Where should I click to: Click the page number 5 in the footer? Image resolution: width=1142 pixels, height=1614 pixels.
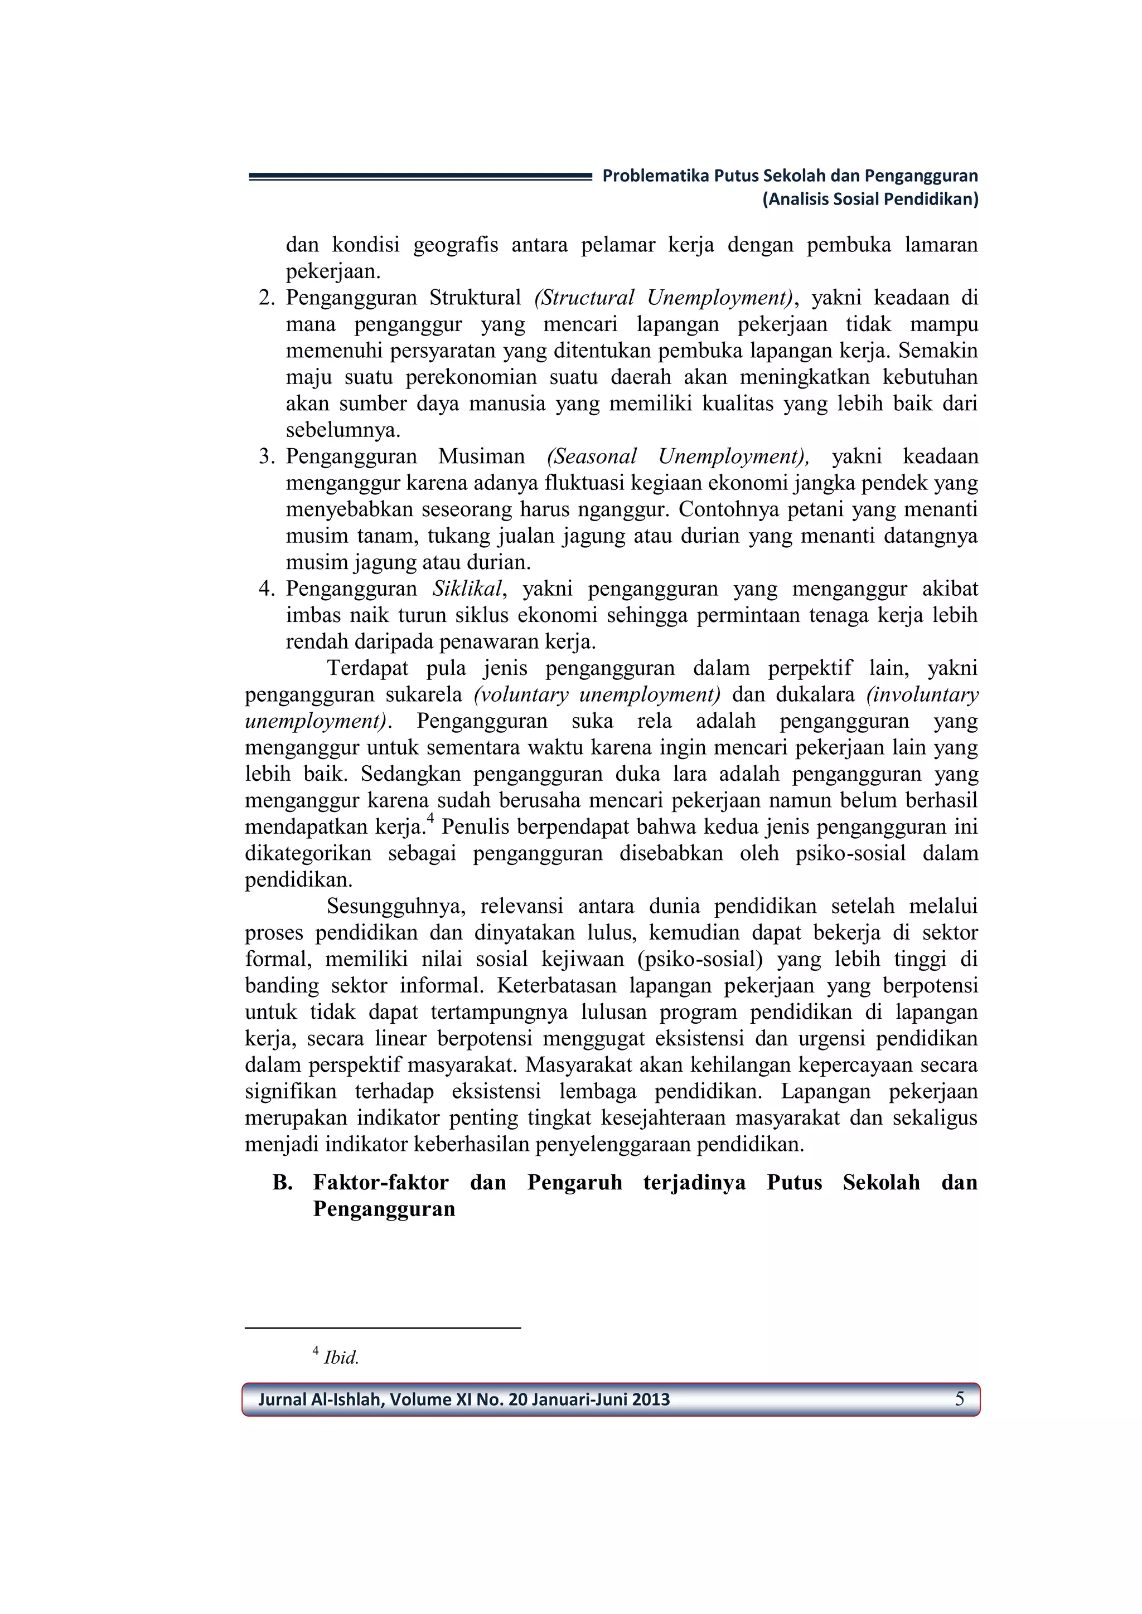click(x=959, y=1399)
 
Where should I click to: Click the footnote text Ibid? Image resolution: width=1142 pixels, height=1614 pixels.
click(x=341, y=1358)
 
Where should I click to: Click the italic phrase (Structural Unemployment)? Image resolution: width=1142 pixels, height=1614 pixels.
click(x=664, y=298)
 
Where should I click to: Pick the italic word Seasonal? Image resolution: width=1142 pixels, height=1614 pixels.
click(x=592, y=457)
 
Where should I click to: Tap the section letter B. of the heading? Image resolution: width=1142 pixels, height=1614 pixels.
click(x=282, y=1183)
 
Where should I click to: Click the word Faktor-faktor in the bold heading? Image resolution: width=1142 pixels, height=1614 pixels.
click(x=380, y=1183)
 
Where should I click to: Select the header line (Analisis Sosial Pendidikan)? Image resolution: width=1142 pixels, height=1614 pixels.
click(x=870, y=199)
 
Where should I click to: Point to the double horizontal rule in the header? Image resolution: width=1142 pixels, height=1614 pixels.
click(x=420, y=178)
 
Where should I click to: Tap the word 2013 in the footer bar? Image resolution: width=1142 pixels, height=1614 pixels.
click(x=651, y=1399)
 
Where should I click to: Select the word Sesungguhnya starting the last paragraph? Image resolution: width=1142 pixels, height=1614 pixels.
click(x=396, y=907)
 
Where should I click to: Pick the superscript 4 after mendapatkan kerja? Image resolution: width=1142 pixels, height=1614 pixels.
click(x=430, y=820)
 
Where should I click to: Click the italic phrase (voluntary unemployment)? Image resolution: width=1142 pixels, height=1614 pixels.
click(x=597, y=694)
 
